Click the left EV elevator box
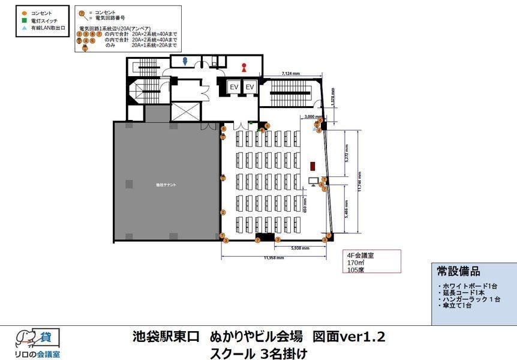[x=235, y=88]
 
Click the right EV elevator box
[x=251, y=88]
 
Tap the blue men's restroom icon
[x=185, y=61]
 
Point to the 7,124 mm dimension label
[x=291, y=74]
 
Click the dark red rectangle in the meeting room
[x=312, y=166]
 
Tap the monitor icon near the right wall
[x=313, y=181]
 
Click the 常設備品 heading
[x=459, y=271]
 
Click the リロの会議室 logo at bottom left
[x=37, y=343]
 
